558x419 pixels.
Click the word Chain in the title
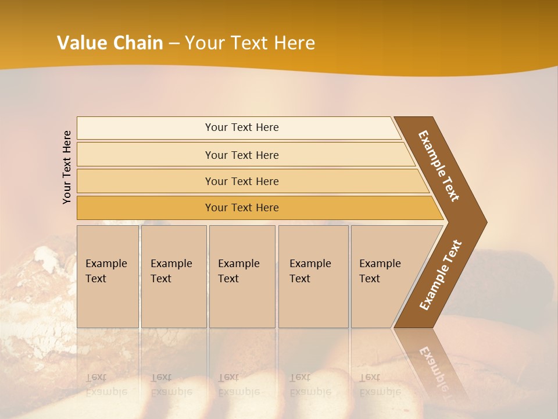click(138, 43)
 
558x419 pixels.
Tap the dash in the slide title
click(174, 44)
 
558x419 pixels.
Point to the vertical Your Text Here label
click(67, 167)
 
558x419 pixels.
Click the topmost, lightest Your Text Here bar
click(241, 127)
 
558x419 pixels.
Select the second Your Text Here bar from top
click(241, 155)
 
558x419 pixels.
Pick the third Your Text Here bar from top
click(241, 181)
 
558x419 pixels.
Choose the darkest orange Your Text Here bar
click(241, 208)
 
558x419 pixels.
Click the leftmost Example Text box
click(108, 276)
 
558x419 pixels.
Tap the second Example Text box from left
click(173, 276)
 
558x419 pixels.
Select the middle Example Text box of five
click(242, 276)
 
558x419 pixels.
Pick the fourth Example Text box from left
click(313, 276)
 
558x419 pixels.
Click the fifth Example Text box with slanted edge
click(384, 276)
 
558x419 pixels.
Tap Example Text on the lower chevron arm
click(440, 275)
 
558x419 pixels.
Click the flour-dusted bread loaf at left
click(35, 291)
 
